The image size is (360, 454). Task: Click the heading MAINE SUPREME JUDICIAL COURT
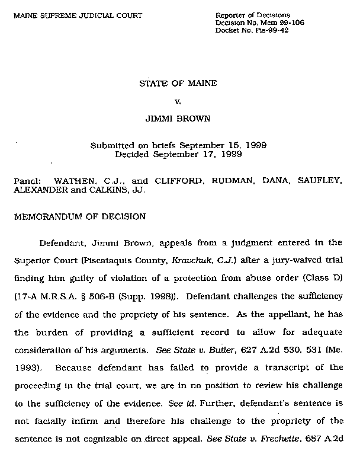coord(78,15)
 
